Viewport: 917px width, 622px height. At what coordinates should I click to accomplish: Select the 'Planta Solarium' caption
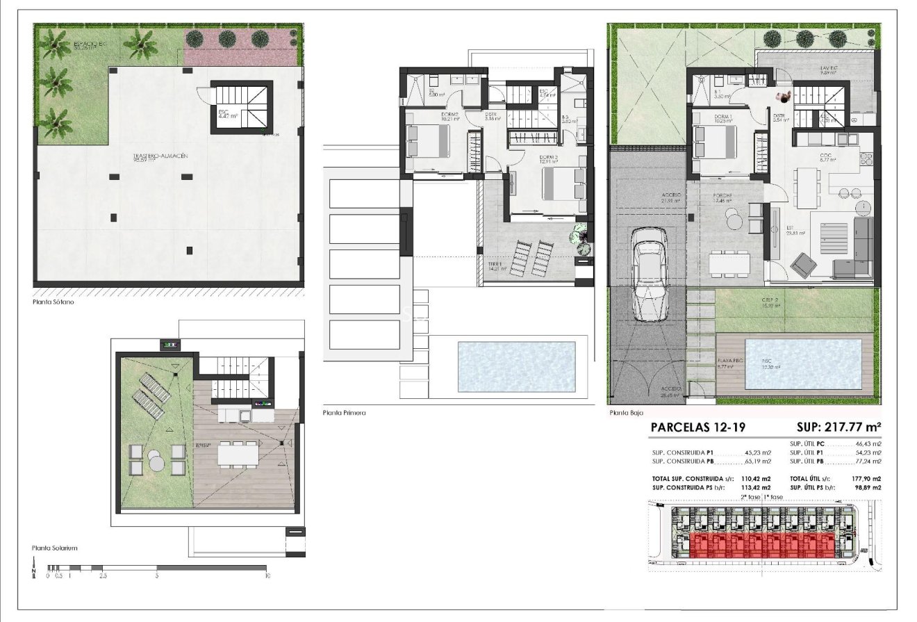point(54,548)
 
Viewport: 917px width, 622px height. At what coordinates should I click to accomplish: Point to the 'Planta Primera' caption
point(344,413)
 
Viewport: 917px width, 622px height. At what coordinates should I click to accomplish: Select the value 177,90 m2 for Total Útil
point(866,479)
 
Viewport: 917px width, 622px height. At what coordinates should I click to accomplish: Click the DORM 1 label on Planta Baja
point(723,117)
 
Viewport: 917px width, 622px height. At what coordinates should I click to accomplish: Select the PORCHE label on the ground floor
point(723,196)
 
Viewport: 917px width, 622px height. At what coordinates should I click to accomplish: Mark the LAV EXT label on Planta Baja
point(828,68)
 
